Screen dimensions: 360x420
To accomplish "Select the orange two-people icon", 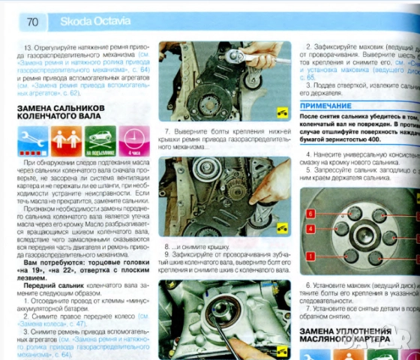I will [x=66, y=140].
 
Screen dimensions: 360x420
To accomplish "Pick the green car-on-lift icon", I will [x=99, y=140].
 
